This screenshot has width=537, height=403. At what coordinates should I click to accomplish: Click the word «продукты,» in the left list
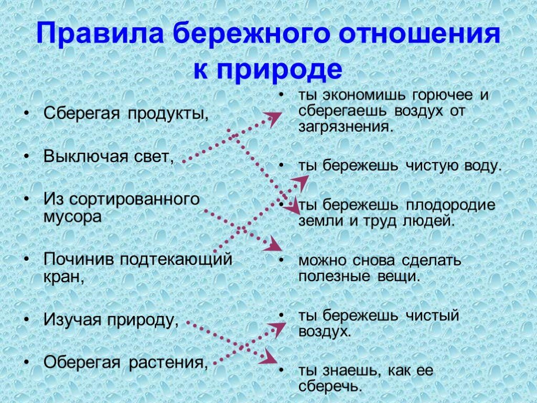click(x=168, y=114)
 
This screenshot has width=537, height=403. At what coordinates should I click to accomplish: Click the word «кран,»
click(x=64, y=277)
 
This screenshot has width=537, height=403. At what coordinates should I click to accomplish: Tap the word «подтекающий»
click(x=176, y=259)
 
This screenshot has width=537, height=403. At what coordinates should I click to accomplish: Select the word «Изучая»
click(x=72, y=320)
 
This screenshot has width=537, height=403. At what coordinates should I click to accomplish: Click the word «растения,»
click(x=168, y=363)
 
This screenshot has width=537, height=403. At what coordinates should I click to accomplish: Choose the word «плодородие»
click(x=450, y=205)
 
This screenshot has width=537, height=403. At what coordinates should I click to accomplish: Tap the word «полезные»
click(x=334, y=277)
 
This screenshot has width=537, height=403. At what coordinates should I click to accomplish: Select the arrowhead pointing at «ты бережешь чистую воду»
click(x=302, y=182)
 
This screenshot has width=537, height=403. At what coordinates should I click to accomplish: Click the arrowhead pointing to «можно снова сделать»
click(x=273, y=244)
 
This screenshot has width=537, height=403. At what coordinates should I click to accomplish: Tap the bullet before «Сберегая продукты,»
click(x=27, y=113)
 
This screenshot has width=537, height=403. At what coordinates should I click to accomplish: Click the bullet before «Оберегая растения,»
click(x=27, y=362)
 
